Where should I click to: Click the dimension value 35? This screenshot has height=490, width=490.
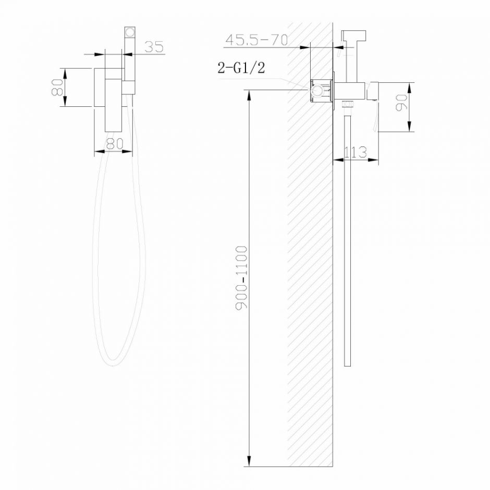click(x=154, y=46)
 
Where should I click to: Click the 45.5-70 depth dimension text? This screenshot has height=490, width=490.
click(x=256, y=40)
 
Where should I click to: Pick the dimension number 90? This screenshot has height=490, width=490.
click(x=401, y=102)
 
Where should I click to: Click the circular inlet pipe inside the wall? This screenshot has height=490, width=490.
click(x=316, y=92)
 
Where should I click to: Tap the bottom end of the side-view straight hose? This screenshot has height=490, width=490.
click(x=347, y=365)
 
